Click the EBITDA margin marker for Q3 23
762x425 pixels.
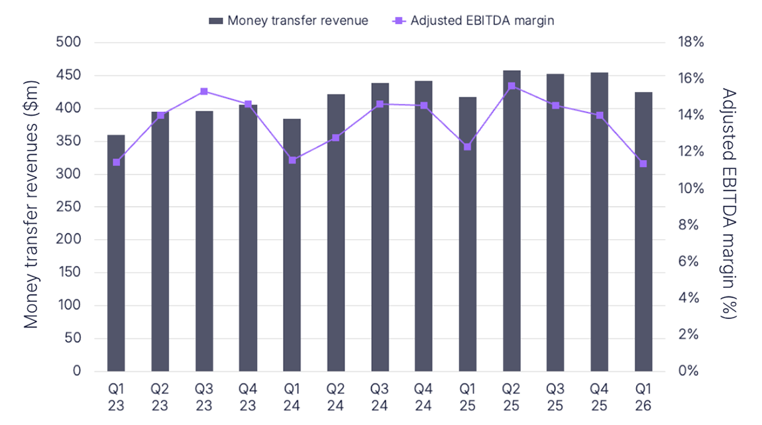[x=204, y=91]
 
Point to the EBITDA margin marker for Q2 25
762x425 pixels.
[x=512, y=86]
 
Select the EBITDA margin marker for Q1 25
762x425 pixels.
[x=467, y=147]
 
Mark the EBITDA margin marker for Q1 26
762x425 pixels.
[x=643, y=164]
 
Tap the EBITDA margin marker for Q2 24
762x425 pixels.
[x=336, y=137]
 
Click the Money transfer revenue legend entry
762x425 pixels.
[x=289, y=21]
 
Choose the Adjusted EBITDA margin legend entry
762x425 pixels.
[x=473, y=21]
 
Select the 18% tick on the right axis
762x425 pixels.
[x=690, y=42]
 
